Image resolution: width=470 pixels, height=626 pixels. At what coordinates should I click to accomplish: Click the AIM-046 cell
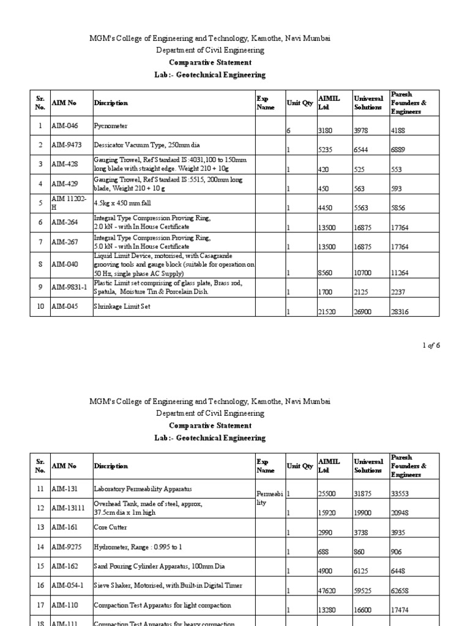pyautogui.click(x=64, y=126)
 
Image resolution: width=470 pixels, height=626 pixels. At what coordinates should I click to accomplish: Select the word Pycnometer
pyautogui.click(x=111, y=126)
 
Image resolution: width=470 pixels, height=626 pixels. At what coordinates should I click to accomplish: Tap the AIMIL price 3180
pyautogui.click(x=326, y=130)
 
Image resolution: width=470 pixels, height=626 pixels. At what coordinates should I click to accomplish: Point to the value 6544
pyautogui.click(x=362, y=149)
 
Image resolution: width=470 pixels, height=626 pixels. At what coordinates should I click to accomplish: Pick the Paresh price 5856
pyautogui.click(x=398, y=208)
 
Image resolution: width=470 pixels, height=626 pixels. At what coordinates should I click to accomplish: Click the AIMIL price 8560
pyautogui.click(x=326, y=272)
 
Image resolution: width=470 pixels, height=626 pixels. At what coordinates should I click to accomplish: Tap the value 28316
pyautogui.click(x=400, y=311)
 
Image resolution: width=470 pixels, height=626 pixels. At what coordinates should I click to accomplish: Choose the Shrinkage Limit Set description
pyautogui.click(x=122, y=306)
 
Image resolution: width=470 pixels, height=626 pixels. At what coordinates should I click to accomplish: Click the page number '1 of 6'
pyautogui.click(x=431, y=345)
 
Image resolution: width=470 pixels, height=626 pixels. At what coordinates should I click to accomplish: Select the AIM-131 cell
pyautogui.click(x=63, y=489)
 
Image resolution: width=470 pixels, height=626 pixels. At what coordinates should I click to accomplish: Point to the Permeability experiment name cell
pyautogui.click(x=269, y=498)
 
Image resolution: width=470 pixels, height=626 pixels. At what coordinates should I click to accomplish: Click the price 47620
pyautogui.click(x=327, y=591)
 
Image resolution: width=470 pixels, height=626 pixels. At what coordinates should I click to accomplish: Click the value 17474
pyautogui.click(x=400, y=610)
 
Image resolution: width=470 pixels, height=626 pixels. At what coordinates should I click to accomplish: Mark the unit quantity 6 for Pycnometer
pyautogui.click(x=288, y=130)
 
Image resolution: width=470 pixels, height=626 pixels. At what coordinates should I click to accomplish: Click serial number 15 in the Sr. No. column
pyautogui.click(x=40, y=566)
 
